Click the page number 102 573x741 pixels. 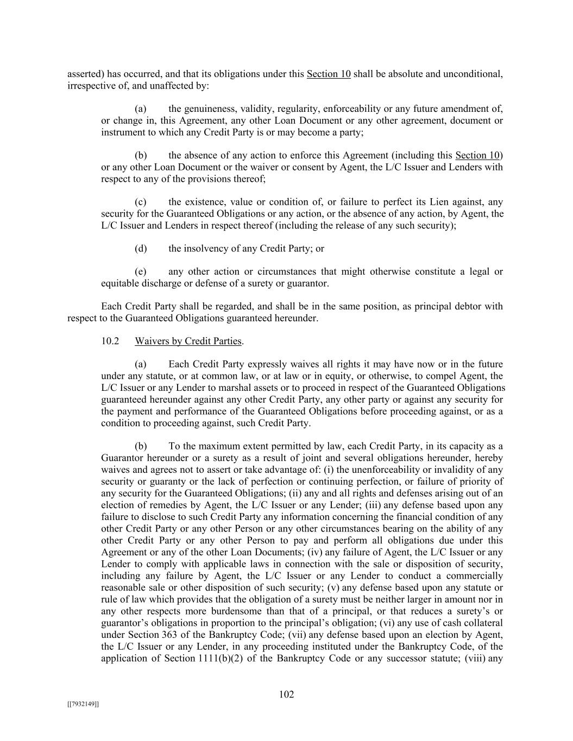tap(286, 694)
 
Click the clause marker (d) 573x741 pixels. tap(141, 249)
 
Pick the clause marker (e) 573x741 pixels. tap(141, 271)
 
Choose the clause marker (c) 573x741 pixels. tap(141, 202)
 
